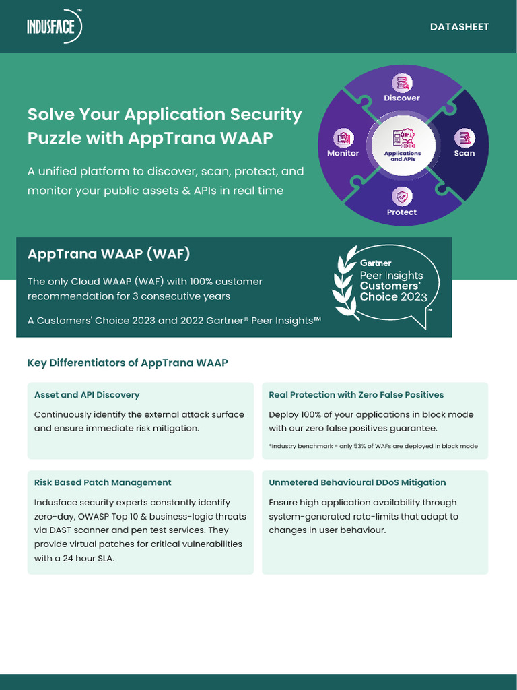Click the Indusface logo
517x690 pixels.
(x=55, y=27)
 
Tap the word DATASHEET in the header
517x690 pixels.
(x=459, y=27)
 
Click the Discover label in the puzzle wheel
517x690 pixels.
(x=402, y=98)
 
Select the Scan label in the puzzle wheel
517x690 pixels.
(x=464, y=153)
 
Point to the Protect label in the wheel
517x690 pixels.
(x=402, y=212)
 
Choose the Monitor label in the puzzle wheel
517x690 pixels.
(x=343, y=153)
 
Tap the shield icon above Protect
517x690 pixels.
(x=402, y=197)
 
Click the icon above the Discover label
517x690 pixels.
(x=403, y=83)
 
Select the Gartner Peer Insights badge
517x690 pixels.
(x=386, y=286)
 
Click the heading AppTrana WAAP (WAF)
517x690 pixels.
(x=109, y=254)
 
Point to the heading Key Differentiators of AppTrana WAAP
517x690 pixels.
(x=127, y=363)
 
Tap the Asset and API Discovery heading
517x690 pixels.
(x=87, y=395)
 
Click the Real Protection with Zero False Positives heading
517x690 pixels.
(x=356, y=395)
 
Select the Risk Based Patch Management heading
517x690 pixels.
(x=102, y=482)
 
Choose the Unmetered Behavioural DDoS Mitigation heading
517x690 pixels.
(x=357, y=482)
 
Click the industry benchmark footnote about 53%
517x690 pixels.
(x=373, y=447)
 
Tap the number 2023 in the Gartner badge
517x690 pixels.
(x=414, y=296)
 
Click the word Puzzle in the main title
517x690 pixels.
(x=55, y=137)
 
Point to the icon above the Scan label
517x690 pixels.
(x=464, y=138)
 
